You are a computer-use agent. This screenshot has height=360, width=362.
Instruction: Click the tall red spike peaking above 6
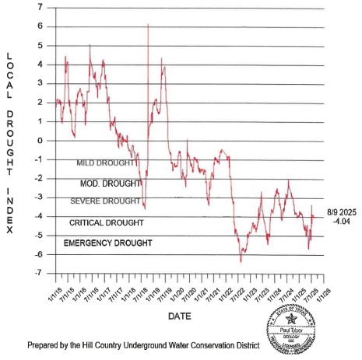(148, 26)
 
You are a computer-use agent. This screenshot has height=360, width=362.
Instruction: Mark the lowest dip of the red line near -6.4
(241, 260)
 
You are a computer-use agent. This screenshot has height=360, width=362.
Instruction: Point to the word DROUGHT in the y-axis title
(9, 136)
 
